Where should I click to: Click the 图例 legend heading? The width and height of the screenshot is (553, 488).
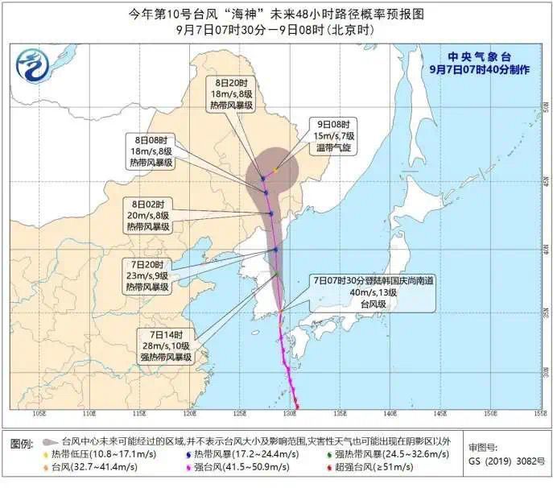tap(22, 443)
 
